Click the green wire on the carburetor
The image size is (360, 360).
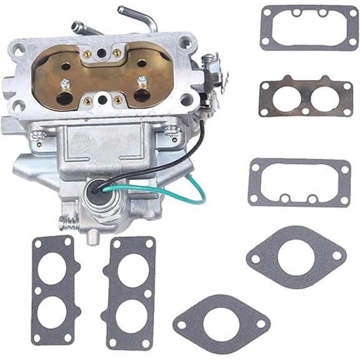pyautogui.click(x=199, y=187)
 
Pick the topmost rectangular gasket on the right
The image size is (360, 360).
pyautogui.click(x=309, y=27)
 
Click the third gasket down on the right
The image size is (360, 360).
pyautogui.click(x=299, y=182)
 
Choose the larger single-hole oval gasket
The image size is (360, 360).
pyautogui.click(x=296, y=256)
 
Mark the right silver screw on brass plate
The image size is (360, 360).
pyautogui.click(x=142, y=79)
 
